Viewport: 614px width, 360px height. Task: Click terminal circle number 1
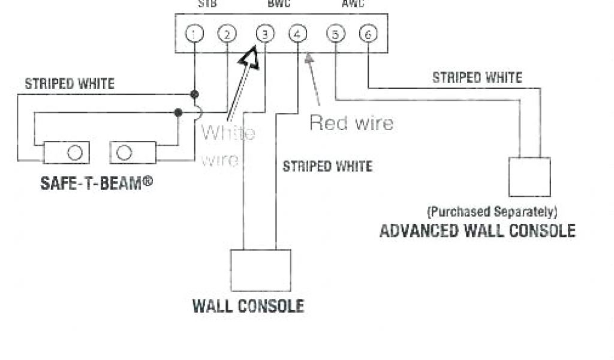(194, 34)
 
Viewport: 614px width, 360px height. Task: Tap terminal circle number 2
(226, 34)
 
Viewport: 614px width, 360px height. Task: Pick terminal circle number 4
(297, 34)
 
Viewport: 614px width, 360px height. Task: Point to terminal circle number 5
(335, 34)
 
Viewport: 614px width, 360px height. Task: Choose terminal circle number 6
(368, 34)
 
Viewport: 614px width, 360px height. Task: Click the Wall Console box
(260, 270)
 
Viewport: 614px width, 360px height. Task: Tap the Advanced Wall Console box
(529, 176)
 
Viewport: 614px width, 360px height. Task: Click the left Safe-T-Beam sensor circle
(74, 153)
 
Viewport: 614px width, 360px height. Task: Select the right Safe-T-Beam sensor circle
(124, 153)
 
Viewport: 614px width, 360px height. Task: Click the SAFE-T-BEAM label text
(96, 182)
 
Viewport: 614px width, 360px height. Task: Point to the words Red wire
(351, 124)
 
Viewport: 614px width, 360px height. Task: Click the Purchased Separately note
(492, 212)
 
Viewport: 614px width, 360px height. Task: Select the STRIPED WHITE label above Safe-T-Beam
(69, 84)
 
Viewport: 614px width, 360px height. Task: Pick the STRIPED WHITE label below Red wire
(327, 166)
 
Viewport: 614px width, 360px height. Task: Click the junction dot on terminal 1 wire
(194, 94)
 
